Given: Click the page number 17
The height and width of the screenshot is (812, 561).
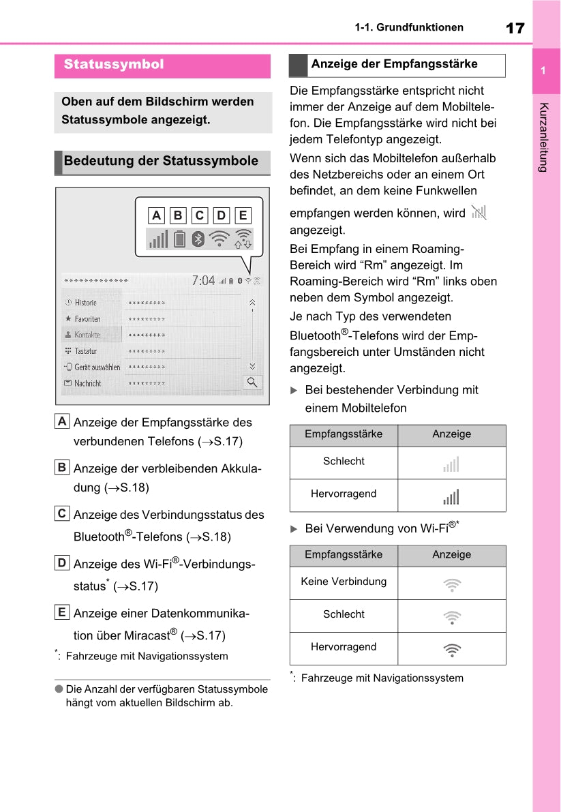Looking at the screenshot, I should click(x=515, y=28).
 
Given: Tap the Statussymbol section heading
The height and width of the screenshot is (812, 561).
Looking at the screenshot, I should click(x=114, y=65).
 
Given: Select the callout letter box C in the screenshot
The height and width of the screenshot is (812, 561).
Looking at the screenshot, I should click(x=200, y=216).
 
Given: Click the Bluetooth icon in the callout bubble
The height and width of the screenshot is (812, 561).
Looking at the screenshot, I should click(x=198, y=239).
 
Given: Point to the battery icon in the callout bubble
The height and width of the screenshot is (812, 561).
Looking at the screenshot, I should click(x=179, y=239).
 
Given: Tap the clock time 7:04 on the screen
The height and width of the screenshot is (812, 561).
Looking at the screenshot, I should click(x=203, y=280).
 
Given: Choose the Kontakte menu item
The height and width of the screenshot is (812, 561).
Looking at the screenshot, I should click(x=87, y=335).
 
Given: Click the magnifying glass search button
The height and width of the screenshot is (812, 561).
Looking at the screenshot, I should click(x=252, y=382).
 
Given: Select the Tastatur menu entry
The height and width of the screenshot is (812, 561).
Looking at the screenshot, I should click(x=86, y=351).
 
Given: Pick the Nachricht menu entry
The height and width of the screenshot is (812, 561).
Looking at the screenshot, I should click(x=87, y=383).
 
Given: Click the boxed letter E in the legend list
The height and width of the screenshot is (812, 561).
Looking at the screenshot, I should click(x=62, y=612).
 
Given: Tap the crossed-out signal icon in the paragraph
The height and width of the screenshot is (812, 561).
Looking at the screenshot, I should click(x=479, y=212).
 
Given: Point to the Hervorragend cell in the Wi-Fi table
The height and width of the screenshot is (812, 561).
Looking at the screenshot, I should click(x=344, y=647).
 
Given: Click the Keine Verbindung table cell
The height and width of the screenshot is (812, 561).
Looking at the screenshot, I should click(x=344, y=582).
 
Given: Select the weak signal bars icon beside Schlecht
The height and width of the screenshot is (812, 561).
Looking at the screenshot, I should click(x=451, y=464).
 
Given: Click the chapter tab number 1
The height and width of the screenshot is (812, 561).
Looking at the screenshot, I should click(x=543, y=72).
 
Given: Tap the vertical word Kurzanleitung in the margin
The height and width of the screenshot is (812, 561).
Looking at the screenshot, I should click(x=543, y=137).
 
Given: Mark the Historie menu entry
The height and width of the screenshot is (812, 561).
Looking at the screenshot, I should click(x=86, y=303).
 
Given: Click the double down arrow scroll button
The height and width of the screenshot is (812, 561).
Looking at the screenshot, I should click(x=252, y=365).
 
